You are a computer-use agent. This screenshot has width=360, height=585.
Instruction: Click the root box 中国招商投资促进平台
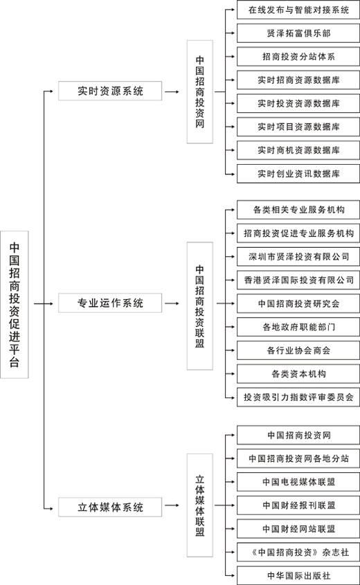click(14, 305)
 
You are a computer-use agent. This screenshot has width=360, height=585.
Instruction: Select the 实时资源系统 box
click(110, 91)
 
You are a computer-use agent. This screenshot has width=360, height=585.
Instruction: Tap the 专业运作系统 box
click(110, 303)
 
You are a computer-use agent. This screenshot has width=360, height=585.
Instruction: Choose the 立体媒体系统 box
click(110, 507)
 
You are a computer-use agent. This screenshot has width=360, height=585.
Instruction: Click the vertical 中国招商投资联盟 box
click(200, 306)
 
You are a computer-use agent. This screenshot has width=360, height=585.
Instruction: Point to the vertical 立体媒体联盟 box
click(200, 505)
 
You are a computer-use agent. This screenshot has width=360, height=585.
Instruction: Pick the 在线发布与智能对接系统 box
click(298, 10)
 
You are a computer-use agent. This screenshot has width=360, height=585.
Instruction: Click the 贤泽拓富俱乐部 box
click(298, 33)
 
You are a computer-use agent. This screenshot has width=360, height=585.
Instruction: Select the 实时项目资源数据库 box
click(298, 127)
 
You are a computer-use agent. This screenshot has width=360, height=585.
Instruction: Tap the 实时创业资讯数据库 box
click(298, 174)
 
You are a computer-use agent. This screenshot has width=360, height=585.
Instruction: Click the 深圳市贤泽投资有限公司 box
click(298, 257)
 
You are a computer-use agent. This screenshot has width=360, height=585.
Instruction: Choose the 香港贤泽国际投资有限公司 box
click(298, 280)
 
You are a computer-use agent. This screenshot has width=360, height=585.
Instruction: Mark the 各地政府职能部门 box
click(298, 327)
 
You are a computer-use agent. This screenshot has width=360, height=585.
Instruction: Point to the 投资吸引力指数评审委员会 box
click(298, 397)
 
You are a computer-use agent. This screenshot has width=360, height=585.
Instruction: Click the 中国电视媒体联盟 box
click(298, 482)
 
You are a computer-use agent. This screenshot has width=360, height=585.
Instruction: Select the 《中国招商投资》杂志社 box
click(298, 552)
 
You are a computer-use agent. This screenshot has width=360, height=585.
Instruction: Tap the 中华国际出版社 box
click(298, 575)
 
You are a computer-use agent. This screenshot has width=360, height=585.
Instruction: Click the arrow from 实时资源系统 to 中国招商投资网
click(172, 91)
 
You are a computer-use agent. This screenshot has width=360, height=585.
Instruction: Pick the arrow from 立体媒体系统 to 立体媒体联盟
click(172, 505)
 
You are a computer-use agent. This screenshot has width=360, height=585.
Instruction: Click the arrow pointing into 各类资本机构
click(230, 374)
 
